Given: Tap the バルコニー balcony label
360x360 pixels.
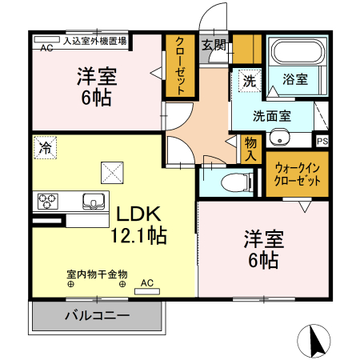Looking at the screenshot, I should point(97,316).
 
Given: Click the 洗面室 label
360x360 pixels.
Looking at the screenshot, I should point(272,116).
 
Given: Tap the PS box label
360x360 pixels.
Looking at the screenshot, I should point(322,142).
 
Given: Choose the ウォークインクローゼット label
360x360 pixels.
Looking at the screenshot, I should point(298,174).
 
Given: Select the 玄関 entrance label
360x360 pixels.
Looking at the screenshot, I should point(212,46).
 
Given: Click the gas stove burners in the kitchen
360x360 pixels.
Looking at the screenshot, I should point(46,201).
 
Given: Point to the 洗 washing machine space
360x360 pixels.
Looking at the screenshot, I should point(249,81).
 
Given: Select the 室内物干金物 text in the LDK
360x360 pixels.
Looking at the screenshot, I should point(97,274).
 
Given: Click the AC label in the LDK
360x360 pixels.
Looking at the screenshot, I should point(147,282).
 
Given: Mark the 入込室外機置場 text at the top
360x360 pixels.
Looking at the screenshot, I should point(95,38).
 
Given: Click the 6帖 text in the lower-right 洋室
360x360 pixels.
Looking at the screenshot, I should point(263,260).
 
